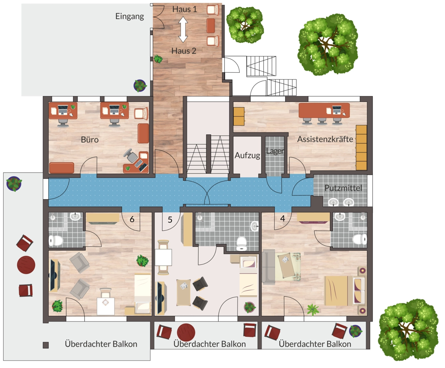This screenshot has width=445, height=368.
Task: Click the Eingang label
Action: coord(130,16)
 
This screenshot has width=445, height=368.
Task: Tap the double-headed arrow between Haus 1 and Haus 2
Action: coord(183,29)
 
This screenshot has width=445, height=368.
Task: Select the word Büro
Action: coord(90,140)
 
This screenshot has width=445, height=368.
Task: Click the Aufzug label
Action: coord(247,155)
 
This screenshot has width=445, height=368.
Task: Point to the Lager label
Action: coord(275,151)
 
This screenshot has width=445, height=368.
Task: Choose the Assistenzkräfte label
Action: coord(325,139)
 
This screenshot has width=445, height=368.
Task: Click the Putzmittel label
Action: coord(343,188)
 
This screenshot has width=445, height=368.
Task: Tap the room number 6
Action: coord(132,219)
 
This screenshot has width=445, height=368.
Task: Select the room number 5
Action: coord(170,220)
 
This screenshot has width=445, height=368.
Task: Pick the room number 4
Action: coord(282,218)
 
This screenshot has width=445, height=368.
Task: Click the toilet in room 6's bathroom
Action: coord(56,241)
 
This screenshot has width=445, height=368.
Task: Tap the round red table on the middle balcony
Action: coord(186,332)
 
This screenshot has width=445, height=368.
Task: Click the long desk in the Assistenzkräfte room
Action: coord(324,110)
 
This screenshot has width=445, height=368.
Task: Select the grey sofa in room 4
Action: coord(268,267)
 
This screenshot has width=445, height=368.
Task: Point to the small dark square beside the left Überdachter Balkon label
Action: coord(46,345)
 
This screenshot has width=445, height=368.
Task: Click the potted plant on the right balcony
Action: coord(355,331)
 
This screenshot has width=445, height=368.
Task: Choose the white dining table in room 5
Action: coord(163,257)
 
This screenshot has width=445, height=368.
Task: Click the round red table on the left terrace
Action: coord(26,265)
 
